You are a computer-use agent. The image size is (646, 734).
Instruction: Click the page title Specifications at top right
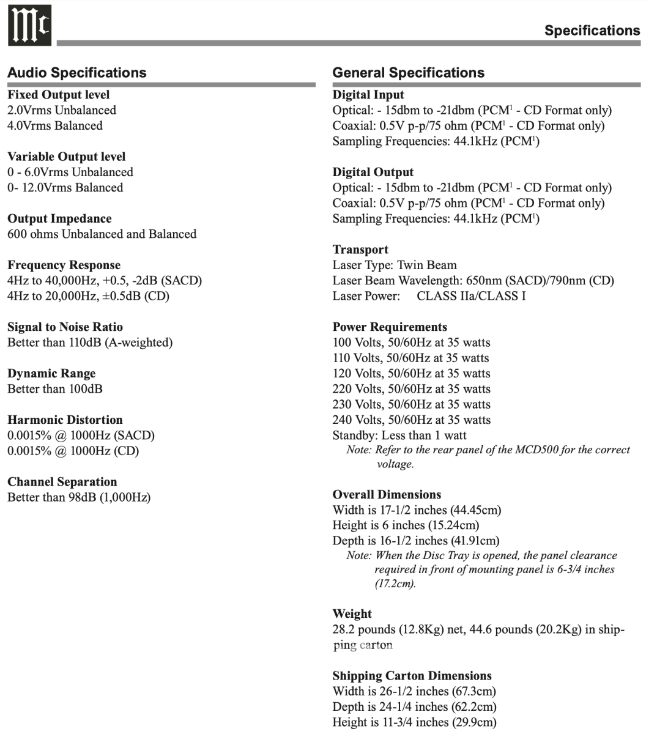point(592,31)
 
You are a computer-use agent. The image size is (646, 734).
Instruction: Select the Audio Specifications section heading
point(77,73)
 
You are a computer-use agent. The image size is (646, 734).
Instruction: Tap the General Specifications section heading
point(408,73)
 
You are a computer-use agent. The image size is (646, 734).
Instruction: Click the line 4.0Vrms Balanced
point(55,126)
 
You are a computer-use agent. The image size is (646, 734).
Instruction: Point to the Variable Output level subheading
point(67,157)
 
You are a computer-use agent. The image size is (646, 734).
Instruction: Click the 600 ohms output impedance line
point(102,234)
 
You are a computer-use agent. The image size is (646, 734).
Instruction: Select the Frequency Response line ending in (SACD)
point(105,281)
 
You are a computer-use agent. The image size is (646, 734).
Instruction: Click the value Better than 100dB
point(55,389)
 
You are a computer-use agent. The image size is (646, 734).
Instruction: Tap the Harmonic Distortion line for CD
point(73,451)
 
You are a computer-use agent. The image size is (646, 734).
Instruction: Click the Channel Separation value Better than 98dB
point(79,497)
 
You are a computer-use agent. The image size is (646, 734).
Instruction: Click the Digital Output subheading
point(373,172)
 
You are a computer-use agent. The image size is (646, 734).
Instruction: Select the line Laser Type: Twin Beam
point(395,265)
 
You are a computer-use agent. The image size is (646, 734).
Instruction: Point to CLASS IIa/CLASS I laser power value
point(471,297)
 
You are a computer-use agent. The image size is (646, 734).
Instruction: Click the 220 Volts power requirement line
point(411,389)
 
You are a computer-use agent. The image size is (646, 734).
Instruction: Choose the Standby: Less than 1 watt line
point(399,436)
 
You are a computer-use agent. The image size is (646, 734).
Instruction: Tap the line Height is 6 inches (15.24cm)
point(406,525)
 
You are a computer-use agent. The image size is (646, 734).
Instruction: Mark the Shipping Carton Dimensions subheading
point(412,676)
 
